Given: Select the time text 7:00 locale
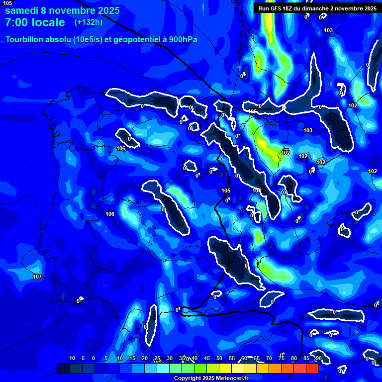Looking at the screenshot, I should tap(35, 23).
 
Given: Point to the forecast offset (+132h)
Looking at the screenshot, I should tap(88, 22).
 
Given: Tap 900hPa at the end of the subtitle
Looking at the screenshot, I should tap(183, 40).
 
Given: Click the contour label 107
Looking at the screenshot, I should tap(37, 277).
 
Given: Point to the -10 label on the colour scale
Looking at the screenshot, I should tap(71, 359).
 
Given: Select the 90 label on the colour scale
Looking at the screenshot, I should tap(318, 359).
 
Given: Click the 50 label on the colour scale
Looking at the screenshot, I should tap(219, 359).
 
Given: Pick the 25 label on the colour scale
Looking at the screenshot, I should tap(157, 359).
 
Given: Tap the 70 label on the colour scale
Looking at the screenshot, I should tap(269, 359).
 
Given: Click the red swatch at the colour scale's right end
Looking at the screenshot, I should tap(312, 368).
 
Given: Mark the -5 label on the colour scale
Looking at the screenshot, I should tap(83, 359).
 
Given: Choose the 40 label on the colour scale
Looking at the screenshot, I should tap(194, 359).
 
